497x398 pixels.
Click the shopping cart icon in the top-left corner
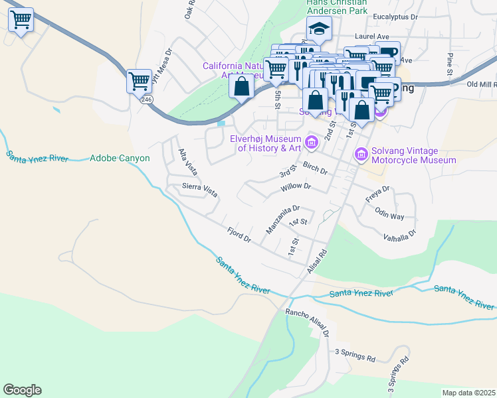click(x=21, y=21)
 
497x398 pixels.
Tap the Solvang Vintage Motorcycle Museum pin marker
click(x=361, y=154)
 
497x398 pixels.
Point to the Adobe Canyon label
click(x=120, y=159)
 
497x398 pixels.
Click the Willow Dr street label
click(x=296, y=187)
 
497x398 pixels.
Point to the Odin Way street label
click(x=389, y=216)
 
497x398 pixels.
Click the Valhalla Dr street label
click(x=399, y=233)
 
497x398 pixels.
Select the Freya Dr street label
click(x=377, y=193)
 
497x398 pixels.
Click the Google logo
click(x=22, y=390)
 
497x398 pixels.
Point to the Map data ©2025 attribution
click(x=468, y=393)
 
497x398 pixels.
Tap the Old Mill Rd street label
click(x=482, y=84)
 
